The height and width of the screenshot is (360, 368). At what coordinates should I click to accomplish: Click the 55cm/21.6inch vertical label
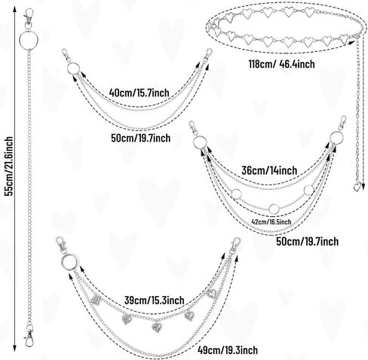9,166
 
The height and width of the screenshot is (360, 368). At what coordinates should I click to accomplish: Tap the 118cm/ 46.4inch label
281,64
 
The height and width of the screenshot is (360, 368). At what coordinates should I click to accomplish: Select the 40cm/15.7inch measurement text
139,93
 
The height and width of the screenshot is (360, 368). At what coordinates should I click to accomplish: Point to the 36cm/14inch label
269,171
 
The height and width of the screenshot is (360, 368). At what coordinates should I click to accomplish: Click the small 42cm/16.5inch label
271,221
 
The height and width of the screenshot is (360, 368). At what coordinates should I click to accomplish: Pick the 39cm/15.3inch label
154,300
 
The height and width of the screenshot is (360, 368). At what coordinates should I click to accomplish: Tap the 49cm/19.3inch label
228,349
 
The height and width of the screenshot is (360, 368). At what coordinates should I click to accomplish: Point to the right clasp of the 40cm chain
208,56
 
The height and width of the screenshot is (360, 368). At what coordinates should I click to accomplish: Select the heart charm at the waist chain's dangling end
357,187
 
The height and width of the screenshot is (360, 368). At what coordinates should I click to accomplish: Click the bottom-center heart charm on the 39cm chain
157,327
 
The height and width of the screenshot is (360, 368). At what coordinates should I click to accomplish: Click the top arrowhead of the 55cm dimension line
15,10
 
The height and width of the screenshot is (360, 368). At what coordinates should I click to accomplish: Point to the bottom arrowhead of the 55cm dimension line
15,349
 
